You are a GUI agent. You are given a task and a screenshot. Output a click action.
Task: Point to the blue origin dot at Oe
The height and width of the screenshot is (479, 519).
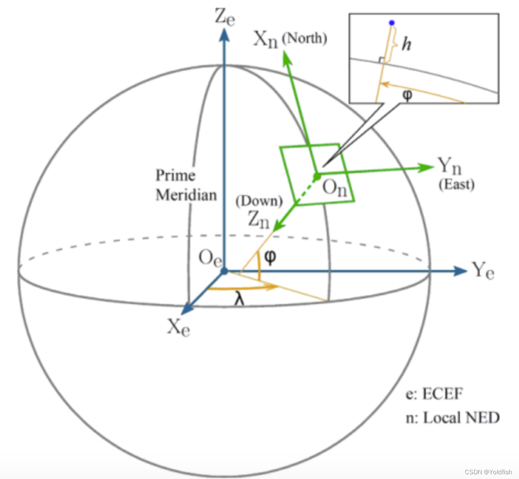coord(224,271)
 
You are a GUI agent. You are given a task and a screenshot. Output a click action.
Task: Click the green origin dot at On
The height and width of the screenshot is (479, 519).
coord(316,176)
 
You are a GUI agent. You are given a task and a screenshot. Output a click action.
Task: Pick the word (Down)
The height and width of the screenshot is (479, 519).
coord(259,201)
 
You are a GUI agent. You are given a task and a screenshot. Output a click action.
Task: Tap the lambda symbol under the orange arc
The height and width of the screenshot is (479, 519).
coord(241,300)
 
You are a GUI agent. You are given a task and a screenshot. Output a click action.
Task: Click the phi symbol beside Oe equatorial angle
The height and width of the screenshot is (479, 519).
coord(270,257)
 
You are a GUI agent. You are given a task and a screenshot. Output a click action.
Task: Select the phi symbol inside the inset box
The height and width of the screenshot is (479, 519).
coord(407,93)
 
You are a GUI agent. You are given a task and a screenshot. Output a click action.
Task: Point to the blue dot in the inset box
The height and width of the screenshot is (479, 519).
coord(391,22)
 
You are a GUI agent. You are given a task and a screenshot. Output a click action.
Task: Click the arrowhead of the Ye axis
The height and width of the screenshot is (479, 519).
coord(461,271)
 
